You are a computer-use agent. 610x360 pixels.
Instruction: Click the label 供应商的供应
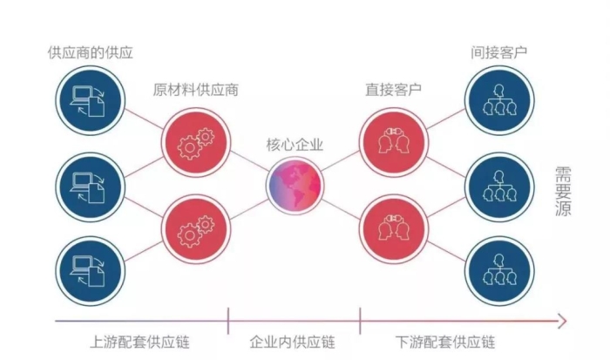click(91, 52)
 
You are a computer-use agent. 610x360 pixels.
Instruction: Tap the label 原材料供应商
click(195, 90)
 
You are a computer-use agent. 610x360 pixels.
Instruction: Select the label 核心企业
click(295, 145)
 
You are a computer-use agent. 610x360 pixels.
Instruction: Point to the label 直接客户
click(393, 90)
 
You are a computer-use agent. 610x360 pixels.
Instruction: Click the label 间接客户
click(498, 52)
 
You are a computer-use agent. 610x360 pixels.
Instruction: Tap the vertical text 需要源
click(563, 192)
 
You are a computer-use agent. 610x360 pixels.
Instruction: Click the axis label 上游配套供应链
click(139, 342)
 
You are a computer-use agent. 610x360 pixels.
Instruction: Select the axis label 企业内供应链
click(292, 342)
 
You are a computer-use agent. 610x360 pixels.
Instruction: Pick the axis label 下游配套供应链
click(445, 342)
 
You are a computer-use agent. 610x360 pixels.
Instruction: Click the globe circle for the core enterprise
click(295, 186)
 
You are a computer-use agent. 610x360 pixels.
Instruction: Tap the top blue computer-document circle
click(91, 101)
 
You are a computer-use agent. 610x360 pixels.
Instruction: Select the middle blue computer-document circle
click(91, 187)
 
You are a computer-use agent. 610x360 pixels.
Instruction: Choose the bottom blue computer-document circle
click(91, 271)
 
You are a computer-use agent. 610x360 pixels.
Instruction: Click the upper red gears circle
click(196, 143)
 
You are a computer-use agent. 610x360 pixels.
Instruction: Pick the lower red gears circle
click(196, 229)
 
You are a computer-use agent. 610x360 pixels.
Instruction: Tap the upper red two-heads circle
click(394, 143)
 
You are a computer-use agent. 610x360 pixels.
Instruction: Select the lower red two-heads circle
click(394, 229)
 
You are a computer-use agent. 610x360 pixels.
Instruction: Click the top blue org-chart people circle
click(499, 101)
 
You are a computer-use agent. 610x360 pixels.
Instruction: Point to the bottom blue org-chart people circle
click(499, 271)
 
